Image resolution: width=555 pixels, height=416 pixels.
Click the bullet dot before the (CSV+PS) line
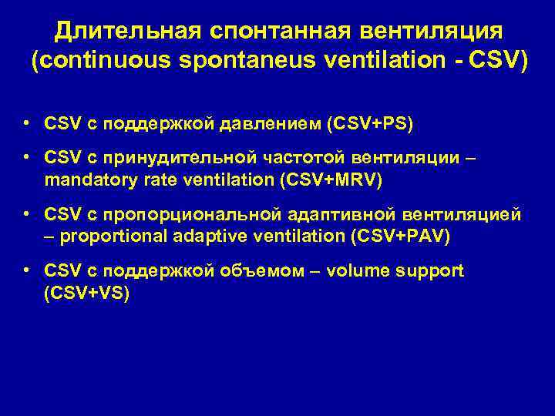pyautogui.click(x=27, y=123)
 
